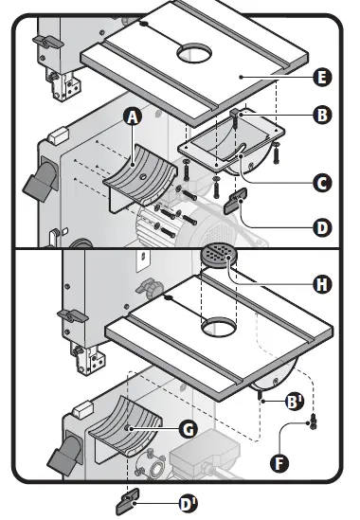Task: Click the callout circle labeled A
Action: pyautogui.click(x=133, y=117)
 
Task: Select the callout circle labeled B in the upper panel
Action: pyautogui.click(x=321, y=116)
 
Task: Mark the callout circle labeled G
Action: pyautogui.click(x=188, y=428)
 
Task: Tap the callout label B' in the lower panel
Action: pyautogui.click(x=296, y=402)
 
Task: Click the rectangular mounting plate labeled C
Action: pyautogui.click(x=227, y=144)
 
